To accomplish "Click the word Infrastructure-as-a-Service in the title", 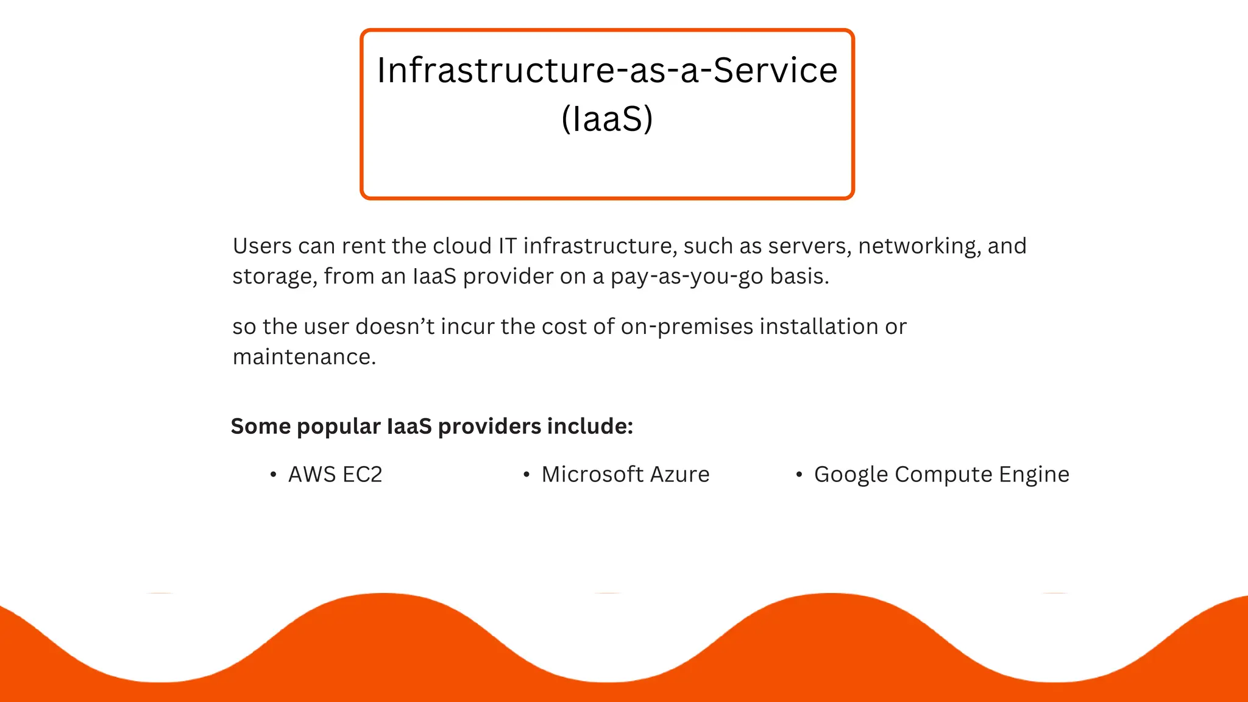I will [x=607, y=70].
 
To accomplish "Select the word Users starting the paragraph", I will [x=262, y=246].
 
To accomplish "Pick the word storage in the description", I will [x=274, y=277].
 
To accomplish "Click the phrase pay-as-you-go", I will [x=687, y=277].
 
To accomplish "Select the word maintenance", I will [x=304, y=357].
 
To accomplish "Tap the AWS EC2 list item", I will [x=335, y=475].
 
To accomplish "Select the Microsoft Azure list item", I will [x=625, y=475].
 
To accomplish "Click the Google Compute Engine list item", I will [x=941, y=475].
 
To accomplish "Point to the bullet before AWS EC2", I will [x=273, y=475].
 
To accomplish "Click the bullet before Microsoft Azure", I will [x=526, y=475].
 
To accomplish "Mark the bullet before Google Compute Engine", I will [x=799, y=475].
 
